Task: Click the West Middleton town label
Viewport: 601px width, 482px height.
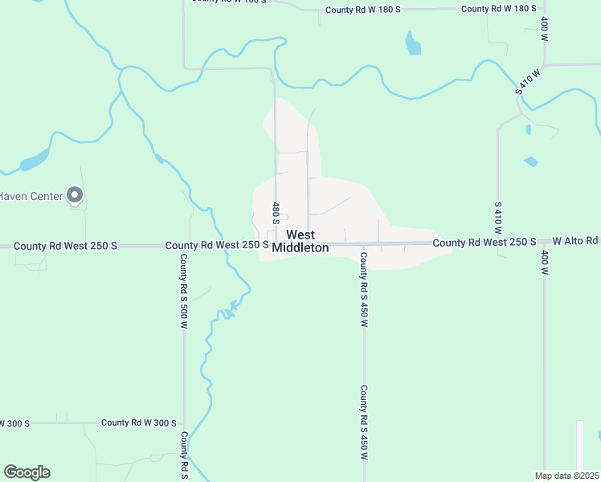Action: pyautogui.click(x=300, y=242)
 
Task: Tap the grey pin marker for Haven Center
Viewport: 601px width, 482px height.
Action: pyautogui.click(x=75, y=194)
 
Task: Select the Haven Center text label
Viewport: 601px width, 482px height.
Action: pyautogui.click(x=31, y=195)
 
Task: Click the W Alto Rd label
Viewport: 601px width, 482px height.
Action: pyautogui.click(x=575, y=241)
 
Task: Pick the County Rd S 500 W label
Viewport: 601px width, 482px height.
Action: pyautogui.click(x=183, y=292)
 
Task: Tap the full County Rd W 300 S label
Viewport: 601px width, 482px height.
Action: pyautogui.click(x=138, y=423)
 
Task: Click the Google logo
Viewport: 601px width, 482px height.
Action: pyautogui.click(x=27, y=472)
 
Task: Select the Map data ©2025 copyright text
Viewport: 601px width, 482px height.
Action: pyautogui.click(x=566, y=476)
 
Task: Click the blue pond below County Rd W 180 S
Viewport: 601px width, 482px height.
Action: pyautogui.click(x=413, y=43)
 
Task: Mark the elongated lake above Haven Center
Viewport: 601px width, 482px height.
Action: pyautogui.click(x=34, y=161)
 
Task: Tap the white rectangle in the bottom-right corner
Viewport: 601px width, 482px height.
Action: pyautogui.click(x=579, y=445)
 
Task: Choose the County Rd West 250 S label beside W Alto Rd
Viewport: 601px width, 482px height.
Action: pyautogui.click(x=484, y=242)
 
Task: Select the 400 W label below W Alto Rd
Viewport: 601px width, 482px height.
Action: pyautogui.click(x=545, y=263)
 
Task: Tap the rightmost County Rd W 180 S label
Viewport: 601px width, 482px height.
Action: pyautogui.click(x=498, y=8)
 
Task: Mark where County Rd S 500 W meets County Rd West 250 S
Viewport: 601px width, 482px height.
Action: pyautogui.click(x=184, y=246)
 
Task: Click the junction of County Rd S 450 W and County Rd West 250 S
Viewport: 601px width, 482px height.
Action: pyautogui.click(x=363, y=244)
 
